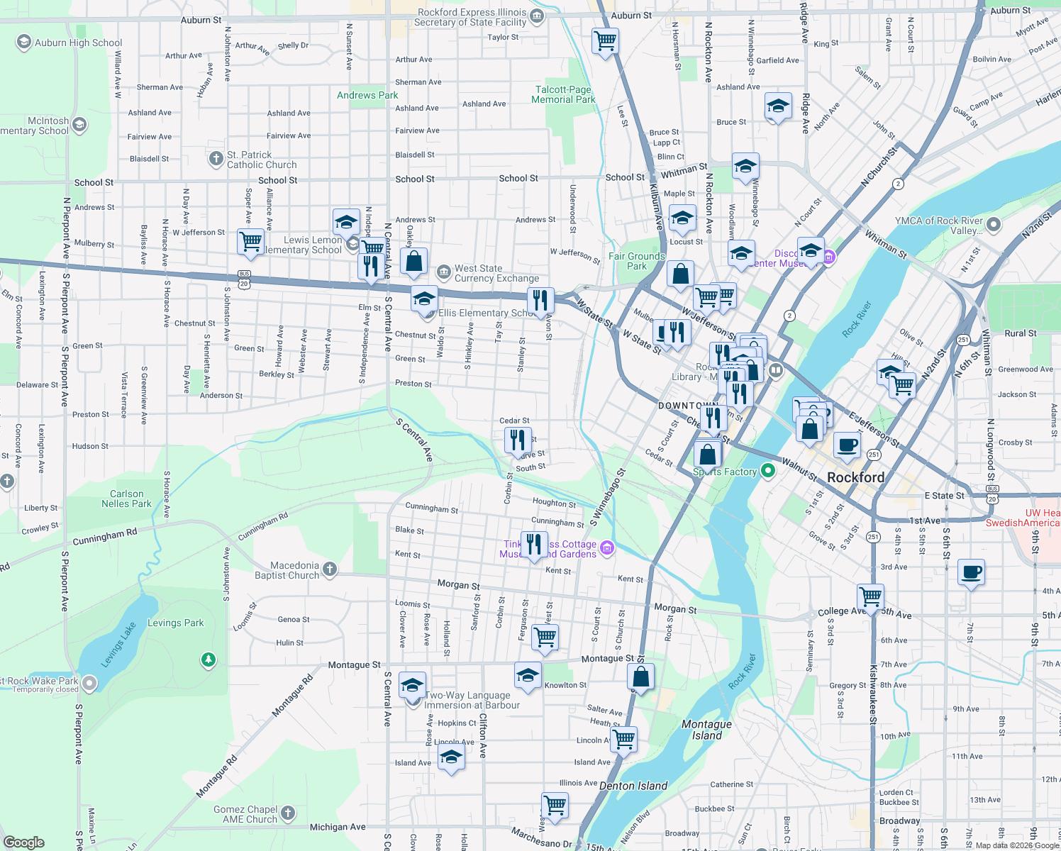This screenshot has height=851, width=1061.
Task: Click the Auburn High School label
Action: click(x=78, y=43)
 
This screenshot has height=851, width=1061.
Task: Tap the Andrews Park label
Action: click(x=367, y=95)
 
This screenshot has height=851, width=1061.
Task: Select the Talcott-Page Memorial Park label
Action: click(x=563, y=94)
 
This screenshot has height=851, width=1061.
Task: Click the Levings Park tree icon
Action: click(x=208, y=660)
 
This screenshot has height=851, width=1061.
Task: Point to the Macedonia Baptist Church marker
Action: click(x=329, y=569)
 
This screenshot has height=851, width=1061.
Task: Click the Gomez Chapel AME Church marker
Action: click(x=287, y=813)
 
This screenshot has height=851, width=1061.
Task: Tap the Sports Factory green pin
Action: click(x=767, y=471)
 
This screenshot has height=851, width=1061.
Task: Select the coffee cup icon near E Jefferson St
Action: click(x=847, y=445)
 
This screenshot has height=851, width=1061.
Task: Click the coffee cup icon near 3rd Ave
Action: click(x=971, y=572)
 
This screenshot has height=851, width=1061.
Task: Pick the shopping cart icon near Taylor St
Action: click(x=605, y=40)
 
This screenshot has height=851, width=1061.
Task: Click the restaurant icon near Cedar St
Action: click(x=518, y=440)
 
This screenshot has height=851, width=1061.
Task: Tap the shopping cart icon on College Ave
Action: click(x=870, y=596)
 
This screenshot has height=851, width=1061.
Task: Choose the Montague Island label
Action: click(x=706, y=730)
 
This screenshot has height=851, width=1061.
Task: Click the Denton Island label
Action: click(x=633, y=786)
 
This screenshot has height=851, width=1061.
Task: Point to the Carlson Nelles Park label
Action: click(x=126, y=499)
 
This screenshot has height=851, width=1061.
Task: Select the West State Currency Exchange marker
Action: click(x=443, y=272)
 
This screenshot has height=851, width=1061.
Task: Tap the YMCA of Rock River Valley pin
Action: click(x=994, y=225)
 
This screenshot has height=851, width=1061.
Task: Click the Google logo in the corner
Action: click(x=24, y=842)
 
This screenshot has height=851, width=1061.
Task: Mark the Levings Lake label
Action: click(x=118, y=644)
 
